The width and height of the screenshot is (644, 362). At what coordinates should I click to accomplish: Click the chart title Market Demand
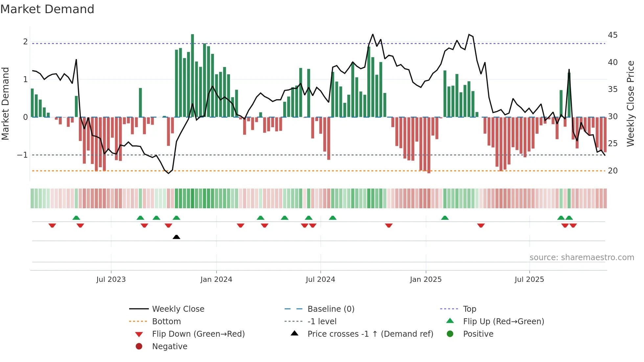click(47, 9)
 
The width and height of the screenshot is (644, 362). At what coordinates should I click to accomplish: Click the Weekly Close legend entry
click(178, 309)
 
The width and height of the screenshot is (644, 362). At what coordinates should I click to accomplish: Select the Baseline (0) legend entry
click(331, 309)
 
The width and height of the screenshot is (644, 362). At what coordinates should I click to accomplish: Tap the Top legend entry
click(469, 309)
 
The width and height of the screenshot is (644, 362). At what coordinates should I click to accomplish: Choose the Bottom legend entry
click(166, 321)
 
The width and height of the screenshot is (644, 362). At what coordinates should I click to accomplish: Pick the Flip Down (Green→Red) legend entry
click(198, 334)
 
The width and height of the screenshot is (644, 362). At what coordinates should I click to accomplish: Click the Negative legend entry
click(170, 346)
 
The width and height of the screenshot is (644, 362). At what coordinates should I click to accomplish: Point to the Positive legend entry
click(478, 334)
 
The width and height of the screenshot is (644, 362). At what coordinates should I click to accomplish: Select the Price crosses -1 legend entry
click(370, 334)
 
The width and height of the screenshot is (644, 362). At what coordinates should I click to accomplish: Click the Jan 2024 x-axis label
click(216, 279)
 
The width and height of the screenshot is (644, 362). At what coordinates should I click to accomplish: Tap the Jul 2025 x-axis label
click(529, 279)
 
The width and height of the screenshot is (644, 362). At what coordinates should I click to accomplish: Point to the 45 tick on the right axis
click(612, 35)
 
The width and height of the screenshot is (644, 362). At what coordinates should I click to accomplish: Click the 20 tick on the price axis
click(612, 170)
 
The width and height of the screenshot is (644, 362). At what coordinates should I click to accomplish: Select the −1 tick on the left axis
click(22, 155)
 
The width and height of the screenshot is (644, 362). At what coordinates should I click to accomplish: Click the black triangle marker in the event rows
click(176, 237)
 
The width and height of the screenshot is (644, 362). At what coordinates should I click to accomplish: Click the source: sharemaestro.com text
click(582, 257)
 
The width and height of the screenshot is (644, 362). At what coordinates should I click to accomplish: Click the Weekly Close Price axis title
click(630, 103)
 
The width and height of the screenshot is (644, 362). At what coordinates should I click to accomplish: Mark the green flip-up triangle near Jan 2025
click(445, 218)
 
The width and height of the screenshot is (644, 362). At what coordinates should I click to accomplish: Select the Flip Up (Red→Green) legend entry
click(503, 321)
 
